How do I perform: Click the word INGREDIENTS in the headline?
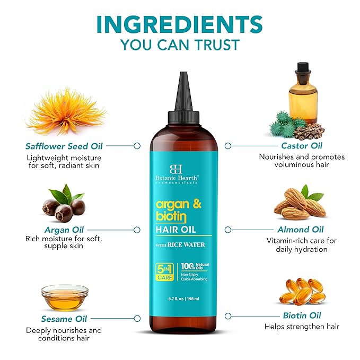click(x=179, y=24)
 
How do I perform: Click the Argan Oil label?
click(x=64, y=230)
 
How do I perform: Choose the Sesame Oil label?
click(x=64, y=319)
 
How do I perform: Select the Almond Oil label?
click(x=300, y=230)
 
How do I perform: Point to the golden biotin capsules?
click(x=301, y=291)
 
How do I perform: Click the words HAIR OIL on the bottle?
click(x=182, y=229)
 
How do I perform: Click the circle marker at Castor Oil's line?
click(x=227, y=145)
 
